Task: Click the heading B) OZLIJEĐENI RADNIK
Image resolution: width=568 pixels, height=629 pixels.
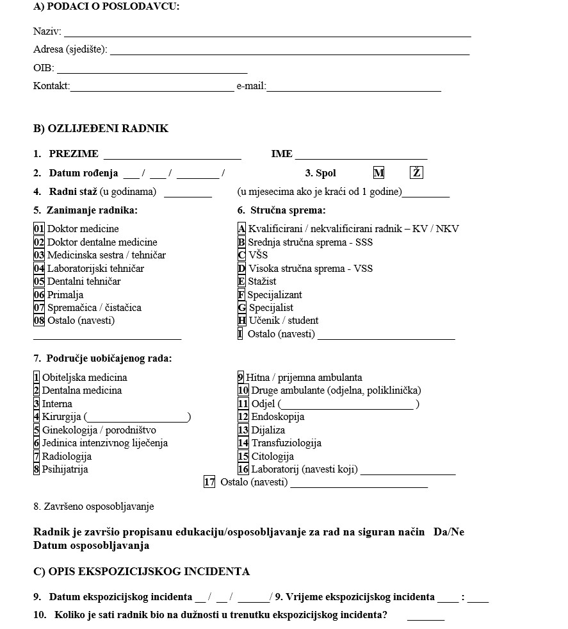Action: click(101, 129)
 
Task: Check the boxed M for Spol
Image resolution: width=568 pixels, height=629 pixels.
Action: click(379, 173)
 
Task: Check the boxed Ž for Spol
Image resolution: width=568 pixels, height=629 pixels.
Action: click(417, 173)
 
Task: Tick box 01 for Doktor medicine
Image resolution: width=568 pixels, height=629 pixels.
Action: click(39, 229)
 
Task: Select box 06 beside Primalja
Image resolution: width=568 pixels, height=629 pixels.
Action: click(39, 295)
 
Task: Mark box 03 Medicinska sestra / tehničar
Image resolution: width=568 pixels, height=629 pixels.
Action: click(39, 255)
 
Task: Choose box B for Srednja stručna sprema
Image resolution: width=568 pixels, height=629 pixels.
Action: click(241, 242)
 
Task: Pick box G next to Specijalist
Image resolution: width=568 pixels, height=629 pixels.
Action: click(242, 308)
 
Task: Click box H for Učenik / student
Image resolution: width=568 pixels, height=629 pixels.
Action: click(242, 321)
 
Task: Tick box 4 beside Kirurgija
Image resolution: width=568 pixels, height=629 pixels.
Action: click(37, 417)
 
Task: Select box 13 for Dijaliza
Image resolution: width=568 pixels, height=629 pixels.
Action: click(243, 430)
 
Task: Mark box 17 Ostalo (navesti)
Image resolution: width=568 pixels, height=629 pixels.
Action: click(209, 482)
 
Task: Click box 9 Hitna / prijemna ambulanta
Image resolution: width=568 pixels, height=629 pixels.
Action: click(241, 378)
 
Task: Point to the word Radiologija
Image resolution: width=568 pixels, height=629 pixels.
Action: click(67, 457)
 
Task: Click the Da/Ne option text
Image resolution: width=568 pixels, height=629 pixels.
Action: click(448, 533)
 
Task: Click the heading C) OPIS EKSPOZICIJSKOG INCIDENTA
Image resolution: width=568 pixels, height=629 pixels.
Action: click(142, 572)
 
